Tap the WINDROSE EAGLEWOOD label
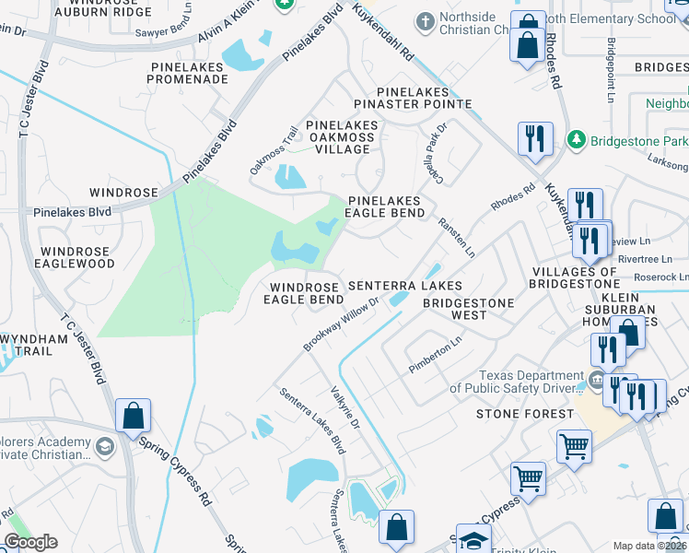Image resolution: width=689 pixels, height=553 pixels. click(x=77, y=257)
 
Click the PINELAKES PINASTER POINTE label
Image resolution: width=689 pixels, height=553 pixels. click(x=413, y=99)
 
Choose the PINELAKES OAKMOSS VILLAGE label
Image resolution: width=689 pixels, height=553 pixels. click(x=341, y=137)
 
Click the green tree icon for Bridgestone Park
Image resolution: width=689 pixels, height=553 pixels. click(x=577, y=139)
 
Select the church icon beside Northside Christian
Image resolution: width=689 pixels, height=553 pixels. click(x=425, y=20)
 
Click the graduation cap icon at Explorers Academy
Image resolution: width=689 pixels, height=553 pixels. click(x=105, y=446)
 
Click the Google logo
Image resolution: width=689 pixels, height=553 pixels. click(x=31, y=542)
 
